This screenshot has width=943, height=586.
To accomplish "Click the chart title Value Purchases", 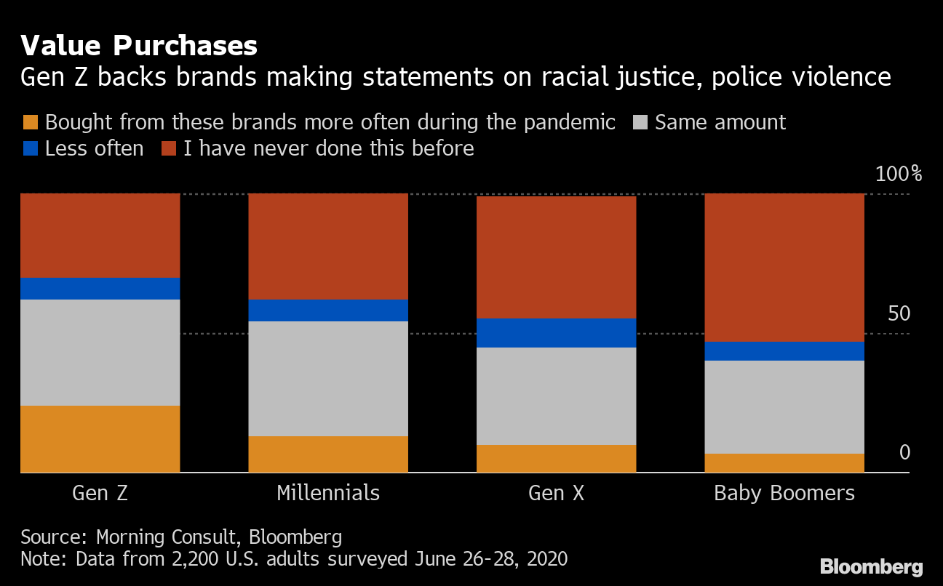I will [x=139, y=47].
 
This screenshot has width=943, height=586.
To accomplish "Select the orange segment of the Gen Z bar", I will [x=100, y=439].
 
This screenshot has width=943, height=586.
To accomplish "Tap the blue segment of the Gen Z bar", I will [x=100, y=289].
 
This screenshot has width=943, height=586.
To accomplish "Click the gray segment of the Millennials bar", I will [x=328, y=379].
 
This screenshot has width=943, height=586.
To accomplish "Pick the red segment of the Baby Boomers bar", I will [x=784, y=268].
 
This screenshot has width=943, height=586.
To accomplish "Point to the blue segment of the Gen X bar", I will [x=557, y=333].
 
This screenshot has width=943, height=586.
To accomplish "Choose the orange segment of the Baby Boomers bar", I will [x=784, y=463].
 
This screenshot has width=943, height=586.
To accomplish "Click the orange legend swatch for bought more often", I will [x=30, y=122].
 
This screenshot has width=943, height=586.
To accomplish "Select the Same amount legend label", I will [x=720, y=122].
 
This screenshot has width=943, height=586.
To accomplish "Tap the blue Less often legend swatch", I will [x=30, y=149].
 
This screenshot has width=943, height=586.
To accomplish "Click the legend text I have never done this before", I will [x=329, y=149].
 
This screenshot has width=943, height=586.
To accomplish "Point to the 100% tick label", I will [x=898, y=174].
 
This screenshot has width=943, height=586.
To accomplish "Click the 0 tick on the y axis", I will [x=904, y=453].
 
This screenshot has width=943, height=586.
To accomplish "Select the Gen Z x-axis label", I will [x=100, y=494].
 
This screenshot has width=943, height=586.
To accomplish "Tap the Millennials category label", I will [x=328, y=494].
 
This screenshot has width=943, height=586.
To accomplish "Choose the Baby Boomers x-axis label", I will [x=784, y=494].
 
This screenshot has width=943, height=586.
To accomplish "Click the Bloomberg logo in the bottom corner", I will [x=871, y=567].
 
